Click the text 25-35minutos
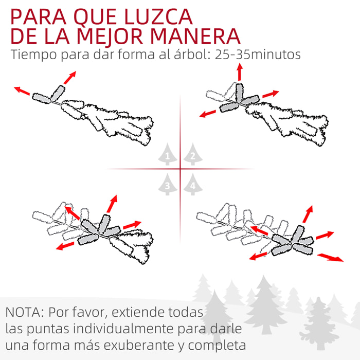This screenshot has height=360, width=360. click(258, 55)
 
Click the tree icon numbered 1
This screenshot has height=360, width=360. click(167, 154)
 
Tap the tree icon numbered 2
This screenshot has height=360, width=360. click(193, 154)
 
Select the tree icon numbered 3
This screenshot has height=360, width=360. click(167, 184)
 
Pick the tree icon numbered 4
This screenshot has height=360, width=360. click(193, 184)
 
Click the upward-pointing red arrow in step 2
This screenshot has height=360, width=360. click(240, 72)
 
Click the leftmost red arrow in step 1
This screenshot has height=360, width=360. click(22, 91)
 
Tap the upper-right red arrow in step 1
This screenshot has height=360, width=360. click(70, 78)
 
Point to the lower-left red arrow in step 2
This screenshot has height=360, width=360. click(208, 114)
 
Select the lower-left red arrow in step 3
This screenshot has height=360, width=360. click(65, 246)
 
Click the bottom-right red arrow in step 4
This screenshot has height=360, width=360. click(330, 257)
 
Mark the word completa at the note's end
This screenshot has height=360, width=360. click(217, 346)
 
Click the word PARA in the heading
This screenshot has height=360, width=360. click(39, 16)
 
